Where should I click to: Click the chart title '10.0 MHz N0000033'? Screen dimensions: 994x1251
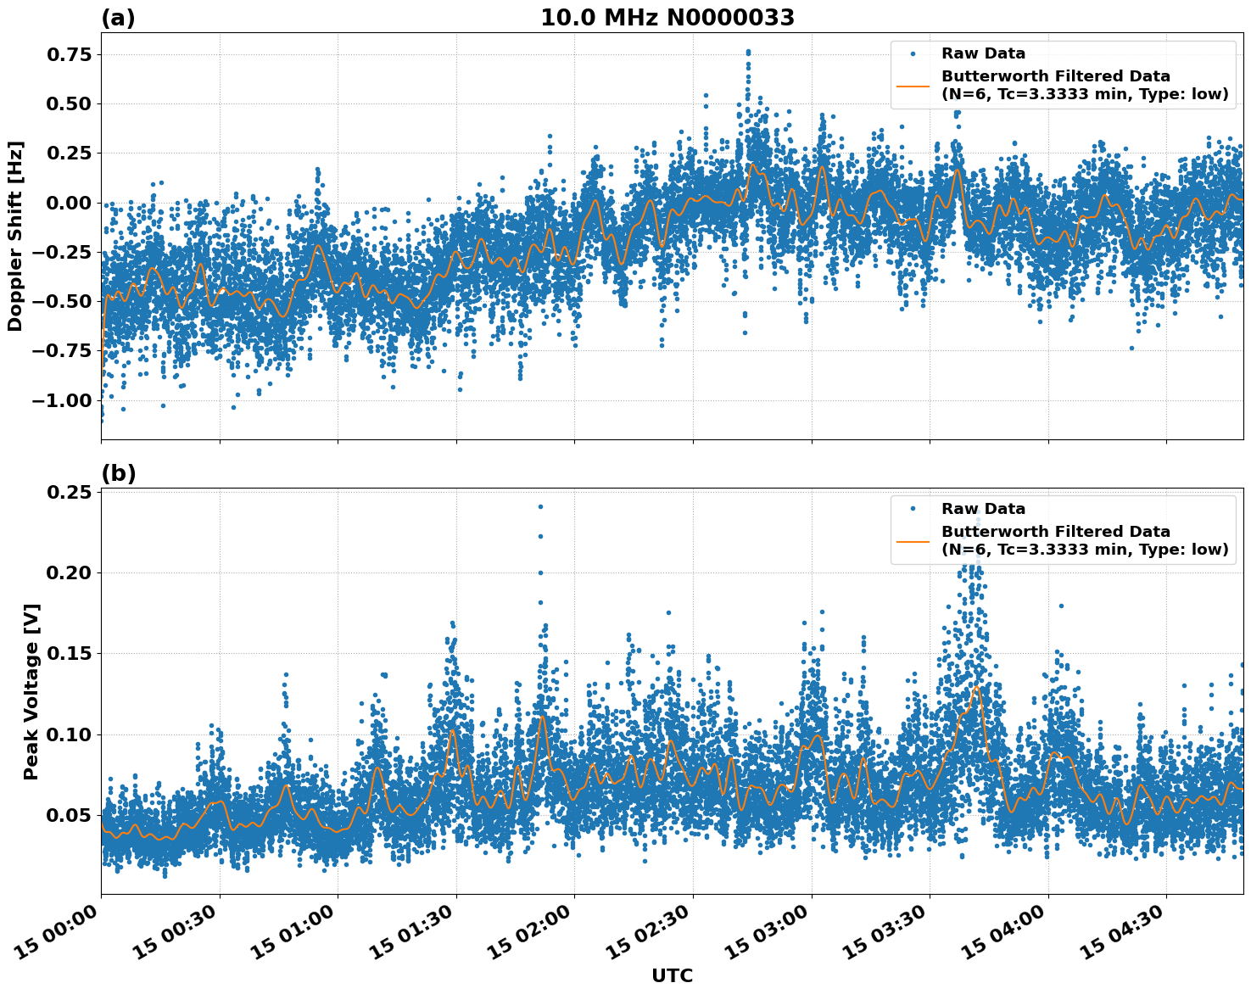667,18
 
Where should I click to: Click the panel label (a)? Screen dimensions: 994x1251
118,18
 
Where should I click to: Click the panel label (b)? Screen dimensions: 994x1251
118,473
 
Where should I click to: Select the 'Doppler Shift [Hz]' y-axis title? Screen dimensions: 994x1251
15,236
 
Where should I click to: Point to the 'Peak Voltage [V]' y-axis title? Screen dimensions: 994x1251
31,691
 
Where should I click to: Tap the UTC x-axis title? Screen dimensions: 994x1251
672,975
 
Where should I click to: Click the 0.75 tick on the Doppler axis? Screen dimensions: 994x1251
67,54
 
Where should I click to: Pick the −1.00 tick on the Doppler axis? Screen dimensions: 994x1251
60,400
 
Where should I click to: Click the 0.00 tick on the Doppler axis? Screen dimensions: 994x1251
67,203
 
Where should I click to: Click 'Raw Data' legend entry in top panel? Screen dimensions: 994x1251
983,54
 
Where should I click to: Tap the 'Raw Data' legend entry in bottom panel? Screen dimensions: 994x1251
983,509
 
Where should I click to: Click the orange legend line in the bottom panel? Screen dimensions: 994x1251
913,541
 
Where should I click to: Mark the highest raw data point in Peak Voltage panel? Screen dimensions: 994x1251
540,506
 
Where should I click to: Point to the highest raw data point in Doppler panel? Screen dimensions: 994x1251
748,52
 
